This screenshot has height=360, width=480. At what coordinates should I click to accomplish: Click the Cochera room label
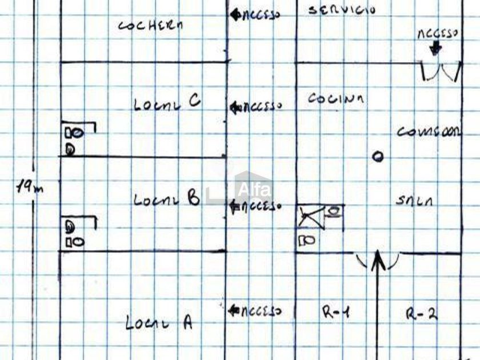pyautogui.click(x=151, y=25)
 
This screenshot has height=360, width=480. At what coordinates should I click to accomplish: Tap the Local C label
pyautogui.click(x=167, y=103)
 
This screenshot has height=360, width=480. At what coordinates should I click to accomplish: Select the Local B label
pyautogui.click(x=166, y=199)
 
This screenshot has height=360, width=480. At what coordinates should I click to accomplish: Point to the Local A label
pyautogui.click(x=159, y=323)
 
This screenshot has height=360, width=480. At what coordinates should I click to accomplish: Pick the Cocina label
pyautogui.click(x=335, y=98)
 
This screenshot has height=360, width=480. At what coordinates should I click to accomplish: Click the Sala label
pyautogui.click(x=414, y=201)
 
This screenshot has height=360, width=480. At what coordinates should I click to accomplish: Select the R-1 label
pyautogui.click(x=335, y=312)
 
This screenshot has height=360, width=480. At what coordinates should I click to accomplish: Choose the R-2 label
pyautogui.click(x=421, y=313)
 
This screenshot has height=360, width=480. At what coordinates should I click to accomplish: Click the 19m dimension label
pyautogui.click(x=30, y=187)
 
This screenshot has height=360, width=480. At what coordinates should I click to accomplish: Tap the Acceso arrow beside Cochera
pyautogui.click(x=234, y=15)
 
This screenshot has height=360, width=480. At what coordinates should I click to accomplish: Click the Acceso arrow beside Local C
pyautogui.click(x=234, y=107)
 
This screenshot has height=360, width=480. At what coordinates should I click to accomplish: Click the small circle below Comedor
pyautogui.click(x=378, y=157)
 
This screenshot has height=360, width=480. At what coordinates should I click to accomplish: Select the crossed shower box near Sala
pyautogui.click(x=311, y=217)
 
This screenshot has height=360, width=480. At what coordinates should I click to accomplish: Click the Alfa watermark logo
pyautogui.click(x=251, y=189)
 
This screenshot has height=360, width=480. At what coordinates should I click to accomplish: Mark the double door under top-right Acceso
pyautogui.click(x=441, y=72)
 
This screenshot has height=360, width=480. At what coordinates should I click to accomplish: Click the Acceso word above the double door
pyautogui.click(x=438, y=34)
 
